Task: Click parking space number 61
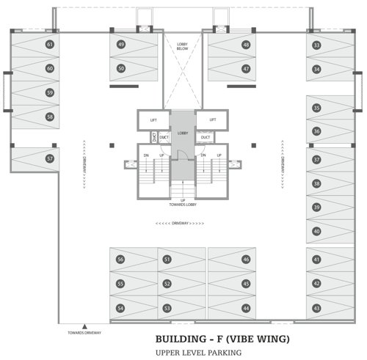click(50, 45)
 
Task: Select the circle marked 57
click(50, 158)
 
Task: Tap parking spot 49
click(121, 45)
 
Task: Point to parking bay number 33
click(316, 45)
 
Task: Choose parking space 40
click(316, 231)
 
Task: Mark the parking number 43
click(316, 308)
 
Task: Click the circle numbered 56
click(121, 260)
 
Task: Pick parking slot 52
click(167, 284)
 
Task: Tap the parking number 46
click(246, 260)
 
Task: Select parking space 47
click(246, 69)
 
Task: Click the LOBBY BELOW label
click(183, 49)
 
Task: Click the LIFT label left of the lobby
click(153, 120)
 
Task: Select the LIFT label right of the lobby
click(212, 120)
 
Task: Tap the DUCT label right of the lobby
click(206, 137)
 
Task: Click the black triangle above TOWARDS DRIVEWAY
click(85, 327)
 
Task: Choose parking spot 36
click(316, 131)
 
